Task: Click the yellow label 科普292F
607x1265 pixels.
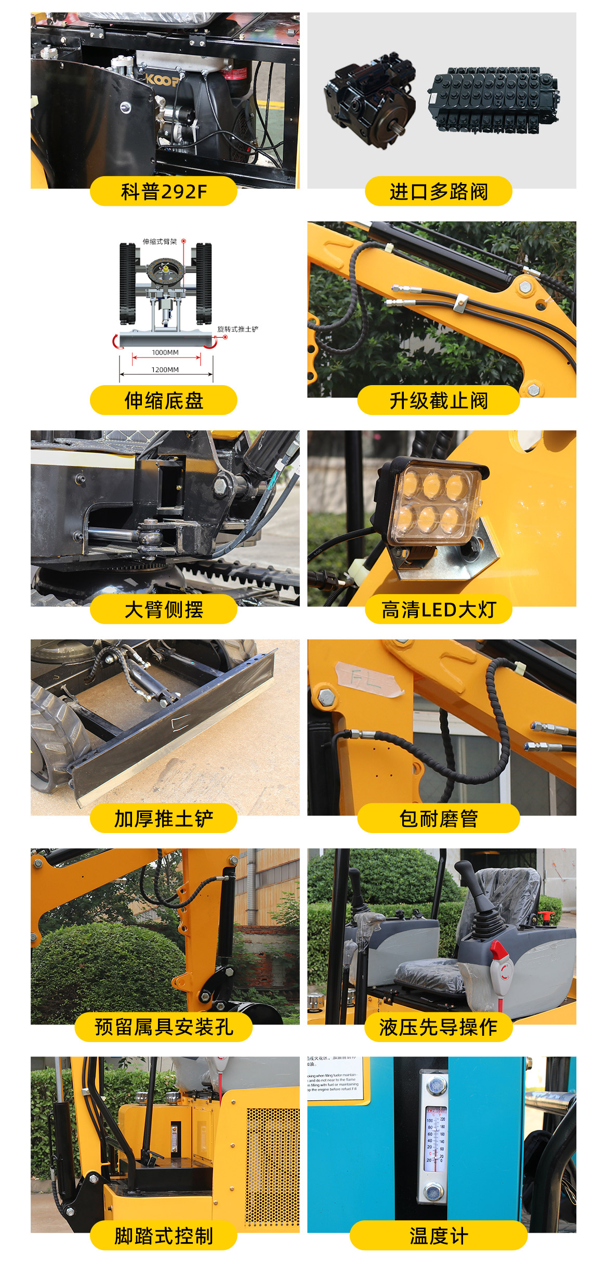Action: coord(164,191)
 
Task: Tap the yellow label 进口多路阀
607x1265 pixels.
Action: coord(439,191)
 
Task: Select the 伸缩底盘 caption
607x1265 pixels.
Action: coord(164,400)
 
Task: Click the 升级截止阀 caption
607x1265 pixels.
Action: coord(439,400)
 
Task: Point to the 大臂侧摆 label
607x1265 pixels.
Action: coord(164,609)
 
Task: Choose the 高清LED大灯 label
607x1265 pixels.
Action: coord(439,609)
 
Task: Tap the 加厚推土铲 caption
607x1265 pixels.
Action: coord(164,818)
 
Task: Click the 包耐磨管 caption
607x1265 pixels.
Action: coord(439,818)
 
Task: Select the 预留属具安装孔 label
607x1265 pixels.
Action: coord(164,1027)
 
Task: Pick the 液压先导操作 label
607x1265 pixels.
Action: coord(439,1027)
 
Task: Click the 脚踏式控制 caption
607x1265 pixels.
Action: coord(164,1236)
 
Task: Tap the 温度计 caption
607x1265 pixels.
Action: coord(439,1236)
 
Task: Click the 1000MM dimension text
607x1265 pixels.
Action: coord(165,352)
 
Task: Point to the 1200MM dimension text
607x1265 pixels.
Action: coord(165,370)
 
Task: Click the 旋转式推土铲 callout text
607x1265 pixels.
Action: coord(237,329)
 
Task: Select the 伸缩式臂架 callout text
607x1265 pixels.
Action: coord(160,242)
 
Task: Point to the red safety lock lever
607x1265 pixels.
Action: coord(499,951)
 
